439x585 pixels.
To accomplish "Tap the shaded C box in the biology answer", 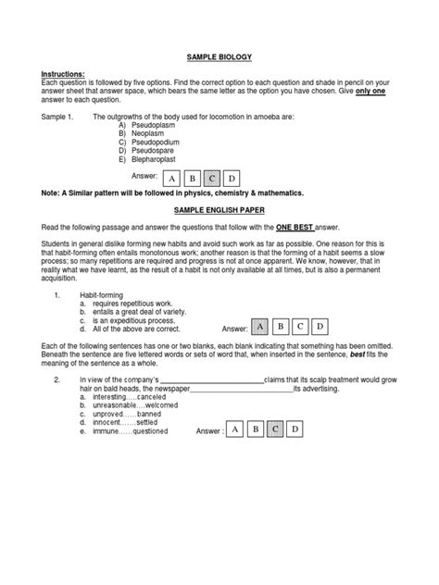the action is point(212,179).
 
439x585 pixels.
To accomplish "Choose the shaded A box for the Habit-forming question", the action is point(261,327).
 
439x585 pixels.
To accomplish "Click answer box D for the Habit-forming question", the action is point(320,327).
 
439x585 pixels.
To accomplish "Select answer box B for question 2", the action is point(255,429).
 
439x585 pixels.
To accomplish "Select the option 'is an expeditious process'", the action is point(132,320).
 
